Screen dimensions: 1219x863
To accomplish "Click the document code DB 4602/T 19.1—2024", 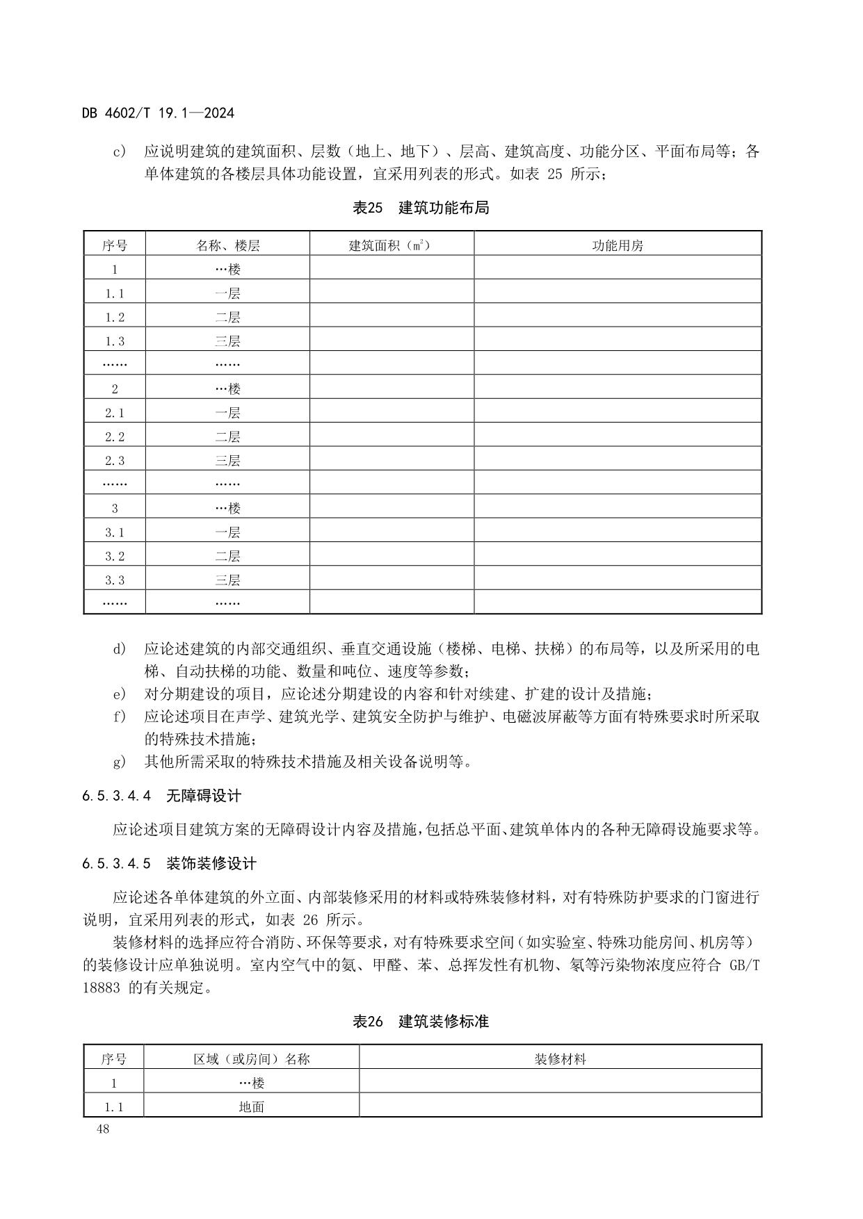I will (158, 113).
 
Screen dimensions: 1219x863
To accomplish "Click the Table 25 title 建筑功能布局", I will (444, 208).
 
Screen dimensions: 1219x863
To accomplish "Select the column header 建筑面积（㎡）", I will (391, 245).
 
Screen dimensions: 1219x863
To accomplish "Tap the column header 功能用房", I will (618, 245).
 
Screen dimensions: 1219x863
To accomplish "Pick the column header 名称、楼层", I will (227, 245).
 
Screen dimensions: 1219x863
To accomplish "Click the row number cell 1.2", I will (115, 317).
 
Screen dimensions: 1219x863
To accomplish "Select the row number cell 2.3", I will (115, 460).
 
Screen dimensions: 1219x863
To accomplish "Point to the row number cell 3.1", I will (115, 532).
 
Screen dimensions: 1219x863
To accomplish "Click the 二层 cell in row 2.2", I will (227, 436).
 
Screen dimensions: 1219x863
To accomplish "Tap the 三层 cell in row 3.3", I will (227, 580).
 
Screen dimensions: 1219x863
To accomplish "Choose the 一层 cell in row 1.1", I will (227, 293).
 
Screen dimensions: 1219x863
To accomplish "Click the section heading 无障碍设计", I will (203, 796).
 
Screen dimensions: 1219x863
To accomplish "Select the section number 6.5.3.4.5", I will (116, 864).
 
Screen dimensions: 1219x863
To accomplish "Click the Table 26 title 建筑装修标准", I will (444, 1022).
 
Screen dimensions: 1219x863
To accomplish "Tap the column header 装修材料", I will (560, 1059).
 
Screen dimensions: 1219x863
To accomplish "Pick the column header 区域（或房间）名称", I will (251, 1059).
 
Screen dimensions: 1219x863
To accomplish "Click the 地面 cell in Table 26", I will (251, 1106).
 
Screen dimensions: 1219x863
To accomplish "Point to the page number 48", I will (103, 1129).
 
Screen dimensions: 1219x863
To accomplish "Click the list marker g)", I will (120, 762).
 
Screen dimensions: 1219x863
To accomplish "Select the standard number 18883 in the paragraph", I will (102, 988).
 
